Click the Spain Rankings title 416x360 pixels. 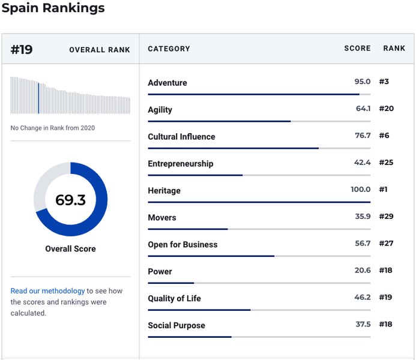[x=53, y=8]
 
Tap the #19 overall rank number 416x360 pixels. [x=22, y=50]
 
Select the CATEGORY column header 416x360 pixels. [x=169, y=49]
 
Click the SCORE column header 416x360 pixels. [x=357, y=48]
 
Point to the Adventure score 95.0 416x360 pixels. [x=363, y=82]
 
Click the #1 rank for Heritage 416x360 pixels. [x=383, y=189]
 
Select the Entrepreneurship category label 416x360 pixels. [x=181, y=164]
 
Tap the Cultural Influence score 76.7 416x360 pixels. [x=363, y=136]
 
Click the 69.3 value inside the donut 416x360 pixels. [x=71, y=200]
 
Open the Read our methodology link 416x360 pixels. [x=48, y=291]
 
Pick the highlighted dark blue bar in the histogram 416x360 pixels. [x=38, y=98]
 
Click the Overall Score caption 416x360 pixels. [x=71, y=248]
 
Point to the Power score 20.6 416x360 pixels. [x=363, y=270]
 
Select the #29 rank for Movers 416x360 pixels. [x=387, y=217]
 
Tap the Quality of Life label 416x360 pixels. [x=174, y=298]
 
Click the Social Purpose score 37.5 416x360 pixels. [x=363, y=324]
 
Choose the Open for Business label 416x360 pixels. [x=183, y=244]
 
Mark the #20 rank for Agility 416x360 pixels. [x=387, y=109]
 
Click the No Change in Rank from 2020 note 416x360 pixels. [x=53, y=128]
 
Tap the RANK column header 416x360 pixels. [x=394, y=48]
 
